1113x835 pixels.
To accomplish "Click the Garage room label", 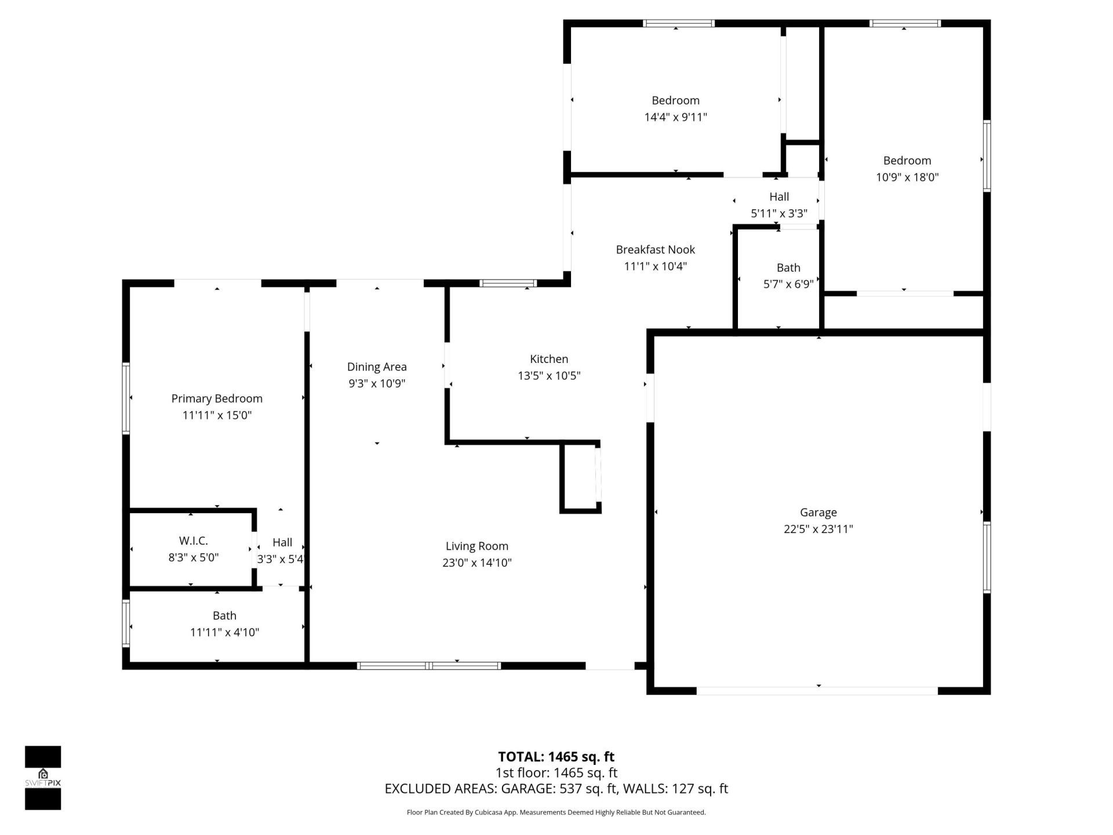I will (818, 512).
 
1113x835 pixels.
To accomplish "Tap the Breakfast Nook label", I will (655, 249).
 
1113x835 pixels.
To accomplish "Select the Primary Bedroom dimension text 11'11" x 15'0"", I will (217, 415).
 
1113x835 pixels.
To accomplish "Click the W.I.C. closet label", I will (193, 540).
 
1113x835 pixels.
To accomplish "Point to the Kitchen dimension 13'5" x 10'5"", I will (549, 376).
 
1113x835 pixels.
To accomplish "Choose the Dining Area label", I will (377, 366).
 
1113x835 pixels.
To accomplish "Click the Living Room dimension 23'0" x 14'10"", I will (477, 562).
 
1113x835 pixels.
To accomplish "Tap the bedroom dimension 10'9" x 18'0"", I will (907, 177).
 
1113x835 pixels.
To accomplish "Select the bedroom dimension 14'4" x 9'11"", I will (675, 117).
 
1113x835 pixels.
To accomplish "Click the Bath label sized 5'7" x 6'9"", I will (788, 267).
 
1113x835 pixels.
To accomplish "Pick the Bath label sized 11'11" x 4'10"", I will (224, 615).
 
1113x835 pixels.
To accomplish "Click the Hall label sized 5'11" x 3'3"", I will (779, 197).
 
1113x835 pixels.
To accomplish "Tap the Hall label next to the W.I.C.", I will (282, 542).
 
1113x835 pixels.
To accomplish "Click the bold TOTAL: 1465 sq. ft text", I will (556, 756).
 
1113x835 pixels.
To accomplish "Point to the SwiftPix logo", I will (43, 777).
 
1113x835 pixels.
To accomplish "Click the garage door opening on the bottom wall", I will (817, 691).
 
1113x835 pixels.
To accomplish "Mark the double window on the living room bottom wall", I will (429, 666).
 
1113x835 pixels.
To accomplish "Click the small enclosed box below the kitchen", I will (579, 478).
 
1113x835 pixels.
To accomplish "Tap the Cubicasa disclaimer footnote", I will (556, 812).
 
